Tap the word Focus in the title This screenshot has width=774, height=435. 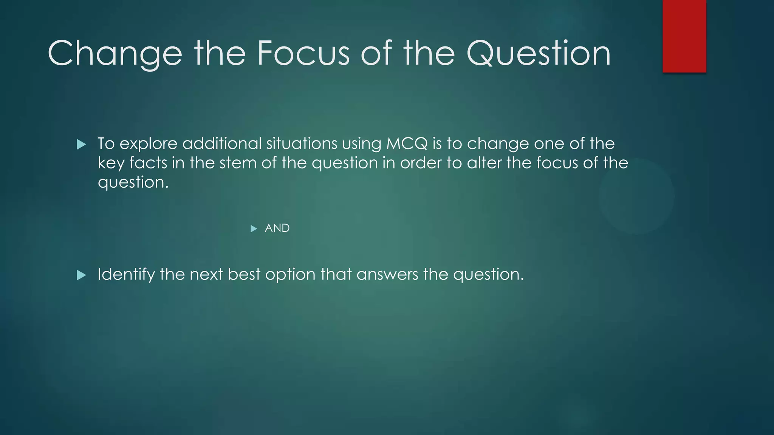(303, 54)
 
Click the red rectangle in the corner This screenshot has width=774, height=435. (684, 36)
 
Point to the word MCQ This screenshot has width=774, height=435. (407, 143)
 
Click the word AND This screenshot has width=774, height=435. (277, 228)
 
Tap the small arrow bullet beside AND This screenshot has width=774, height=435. (254, 228)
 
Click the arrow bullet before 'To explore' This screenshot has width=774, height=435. (81, 144)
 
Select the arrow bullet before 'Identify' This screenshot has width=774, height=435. (81, 275)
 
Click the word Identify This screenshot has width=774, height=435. (126, 275)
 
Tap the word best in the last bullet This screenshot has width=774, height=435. (244, 274)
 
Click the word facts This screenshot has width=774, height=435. (148, 163)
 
